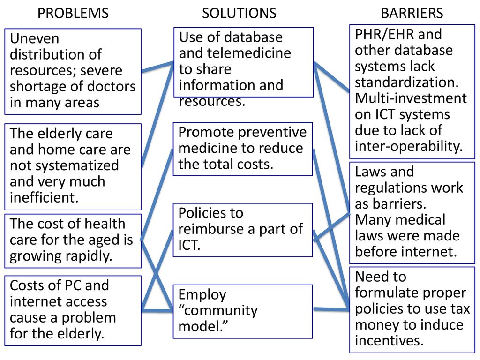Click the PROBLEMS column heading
(73, 13)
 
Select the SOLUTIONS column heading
(239, 13)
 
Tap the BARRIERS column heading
(412, 13)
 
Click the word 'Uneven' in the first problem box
(35, 38)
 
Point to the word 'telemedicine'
(249, 53)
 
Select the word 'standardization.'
(406, 82)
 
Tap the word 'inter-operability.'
(409, 146)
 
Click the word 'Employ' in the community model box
(202, 295)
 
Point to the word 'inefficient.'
(44, 197)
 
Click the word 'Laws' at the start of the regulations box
(371, 172)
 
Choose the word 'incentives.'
(389, 340)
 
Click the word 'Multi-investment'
(411, 98)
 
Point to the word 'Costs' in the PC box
(26, 285)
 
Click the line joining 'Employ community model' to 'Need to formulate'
(331, 309)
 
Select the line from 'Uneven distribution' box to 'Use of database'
(157, 67)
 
